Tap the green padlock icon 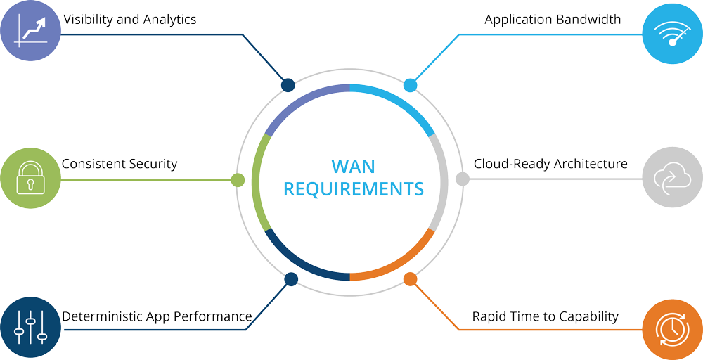(30, 178)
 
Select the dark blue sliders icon (30, 328)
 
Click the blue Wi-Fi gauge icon (672, 32)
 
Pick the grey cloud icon (672, 178)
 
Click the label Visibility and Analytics (130, 20)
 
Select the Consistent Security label (120, 164)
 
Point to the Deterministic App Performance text (157, 316)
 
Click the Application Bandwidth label (553, 20)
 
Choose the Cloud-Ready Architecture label (550, 164)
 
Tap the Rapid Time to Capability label (545, 316)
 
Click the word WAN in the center (353, 167)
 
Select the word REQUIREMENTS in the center (353, 189)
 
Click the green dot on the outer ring (238, 180)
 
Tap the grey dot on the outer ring (463, 179)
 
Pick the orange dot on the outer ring (411, 279)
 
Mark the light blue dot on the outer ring (411, 86)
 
